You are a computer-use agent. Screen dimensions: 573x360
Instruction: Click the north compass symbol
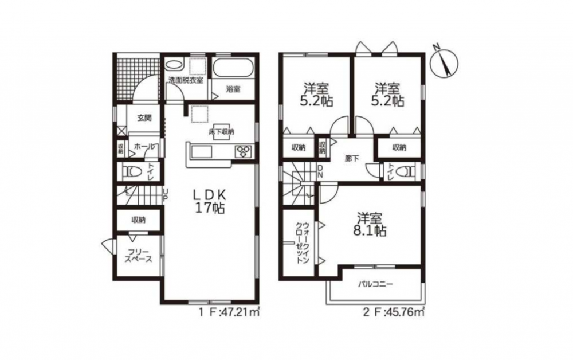pyautogui.click(x=444, y=62)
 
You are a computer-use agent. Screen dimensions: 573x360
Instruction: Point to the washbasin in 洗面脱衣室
pyautogui.click(x=174, y=66)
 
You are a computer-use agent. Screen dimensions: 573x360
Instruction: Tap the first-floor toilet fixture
pyautogui.click(x=133, y=171)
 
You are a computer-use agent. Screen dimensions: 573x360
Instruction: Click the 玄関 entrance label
pyautogui.click(x=144, y=118)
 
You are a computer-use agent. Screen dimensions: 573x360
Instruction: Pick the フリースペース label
pyautogui.click(x=138, y=256)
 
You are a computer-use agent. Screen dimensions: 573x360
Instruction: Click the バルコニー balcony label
pyautogui.click(x=375, y=284)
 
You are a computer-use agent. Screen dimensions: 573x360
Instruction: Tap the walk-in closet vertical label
pyautogui.click(x=303, y=242)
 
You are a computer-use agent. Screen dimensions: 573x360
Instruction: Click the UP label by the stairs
pyautogui.click(x=165, y=195)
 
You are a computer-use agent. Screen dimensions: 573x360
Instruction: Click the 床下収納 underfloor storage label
pyautogui.click(x=221, y=132)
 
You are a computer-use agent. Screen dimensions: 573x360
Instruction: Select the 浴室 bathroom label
pyautogui.click(x=233, y=89)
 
